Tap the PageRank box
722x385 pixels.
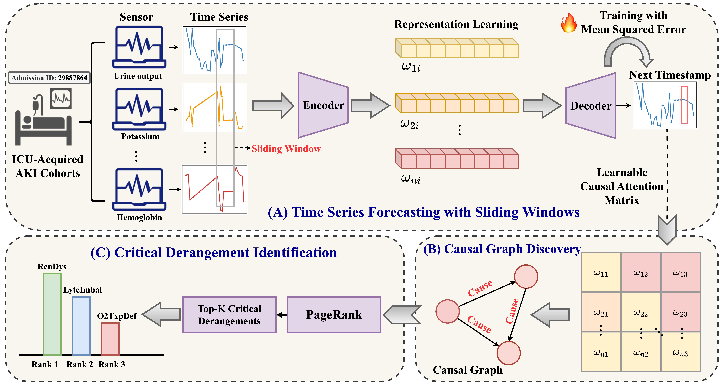pos(334,315)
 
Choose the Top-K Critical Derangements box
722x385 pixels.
pos(230,315)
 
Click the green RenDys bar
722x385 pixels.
pos(52,314)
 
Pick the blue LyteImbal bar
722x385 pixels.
pos(81,326)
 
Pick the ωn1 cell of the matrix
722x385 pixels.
pos(601,352)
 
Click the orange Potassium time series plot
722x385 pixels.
pos(214,107)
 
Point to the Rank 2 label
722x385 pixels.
pos(80,365)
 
